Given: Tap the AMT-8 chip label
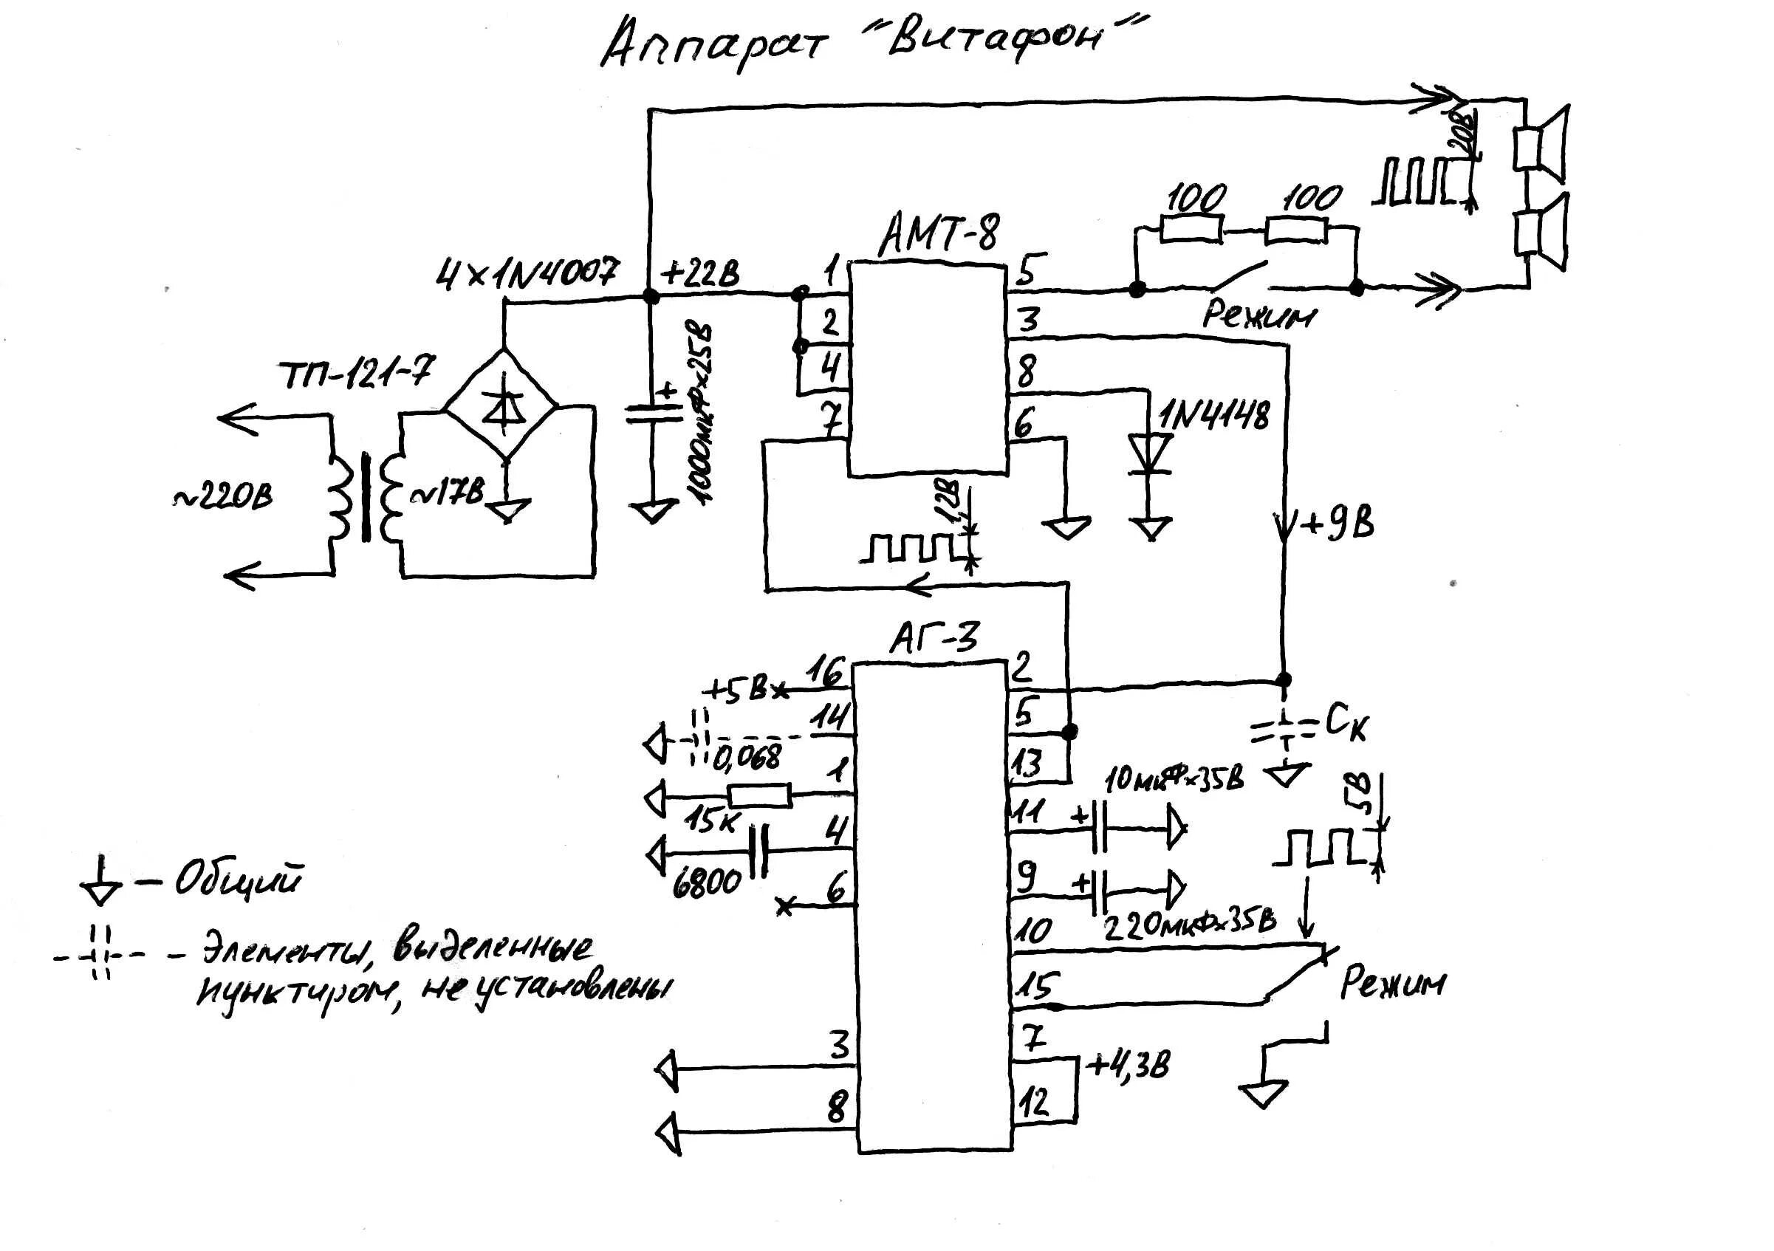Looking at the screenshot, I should pyautogui.click(x=938, y=233).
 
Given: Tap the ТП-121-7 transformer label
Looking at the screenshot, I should pyautogui.click(x=357, y=374).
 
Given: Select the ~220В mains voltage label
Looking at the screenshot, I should pyautogui.click(x=223, y=498).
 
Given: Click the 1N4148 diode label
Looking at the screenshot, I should pyautogui.click(x=1213, y=417).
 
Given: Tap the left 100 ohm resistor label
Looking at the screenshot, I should pyautogui.click(x=1195, y=199).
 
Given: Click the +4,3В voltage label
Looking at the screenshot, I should pyautogui.click(x=1129, y=1067).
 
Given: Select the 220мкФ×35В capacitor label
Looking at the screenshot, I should pyautogui.click(x=1191, y=922).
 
